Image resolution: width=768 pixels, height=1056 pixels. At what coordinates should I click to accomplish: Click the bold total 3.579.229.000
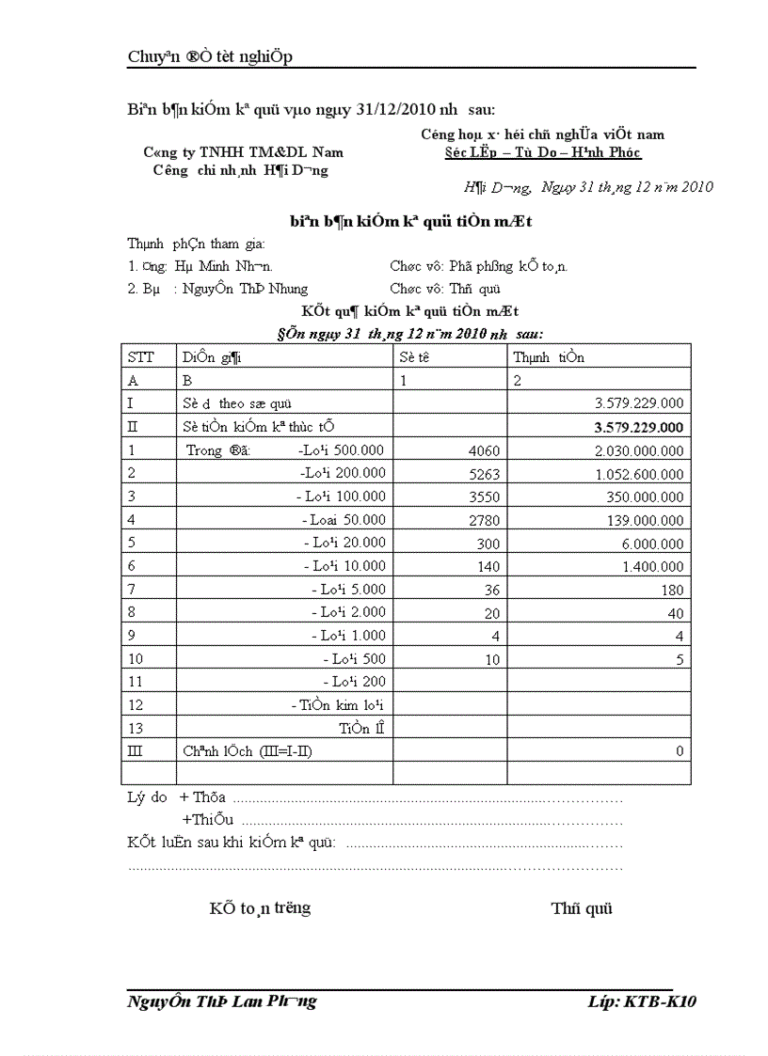click(x=639, y=427)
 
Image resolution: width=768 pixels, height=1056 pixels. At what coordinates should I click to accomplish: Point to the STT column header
click(x=139, y=357)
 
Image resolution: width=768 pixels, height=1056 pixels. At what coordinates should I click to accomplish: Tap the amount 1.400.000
click(x=652, y=566)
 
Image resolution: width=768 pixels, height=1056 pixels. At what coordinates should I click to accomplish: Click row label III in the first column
click(x=133, y=750)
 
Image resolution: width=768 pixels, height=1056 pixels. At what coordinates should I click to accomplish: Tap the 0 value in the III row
click(x=680, y=751)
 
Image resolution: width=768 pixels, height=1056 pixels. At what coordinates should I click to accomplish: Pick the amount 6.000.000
click(x=652, y=543)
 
